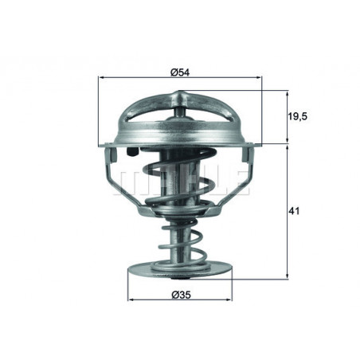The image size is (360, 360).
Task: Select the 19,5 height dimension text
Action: pyautogui.click(x=298, y=117)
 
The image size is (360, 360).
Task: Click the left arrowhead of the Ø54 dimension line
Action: pyautogui.click(x=101, y=78)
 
